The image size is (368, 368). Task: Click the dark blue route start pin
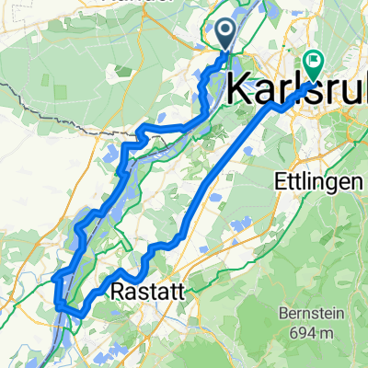tap(225, 34)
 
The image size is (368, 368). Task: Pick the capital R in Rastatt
tap(117, 292)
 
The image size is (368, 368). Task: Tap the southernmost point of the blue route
tap(77, 316)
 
